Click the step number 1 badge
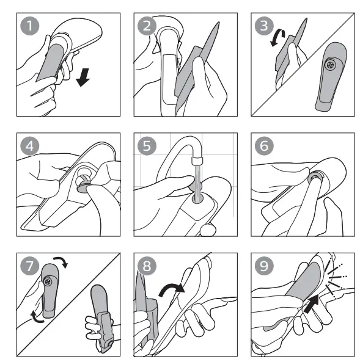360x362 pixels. click(30, 26)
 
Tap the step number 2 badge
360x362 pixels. click(147, 26)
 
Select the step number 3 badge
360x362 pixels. click(264, 26)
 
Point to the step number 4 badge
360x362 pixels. click(30, 146)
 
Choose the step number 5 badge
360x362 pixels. click(147, 146)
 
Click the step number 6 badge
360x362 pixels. click(264, 146)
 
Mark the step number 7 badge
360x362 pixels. click(30, 266)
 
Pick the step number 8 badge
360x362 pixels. click(147, 266)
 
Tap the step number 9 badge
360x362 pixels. click(264, 266)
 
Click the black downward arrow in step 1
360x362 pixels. click(83, 78)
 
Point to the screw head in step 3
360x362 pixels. click(330, 65)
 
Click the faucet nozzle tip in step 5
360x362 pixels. click(197, 160)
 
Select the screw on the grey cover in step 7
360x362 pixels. click(48, 281)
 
